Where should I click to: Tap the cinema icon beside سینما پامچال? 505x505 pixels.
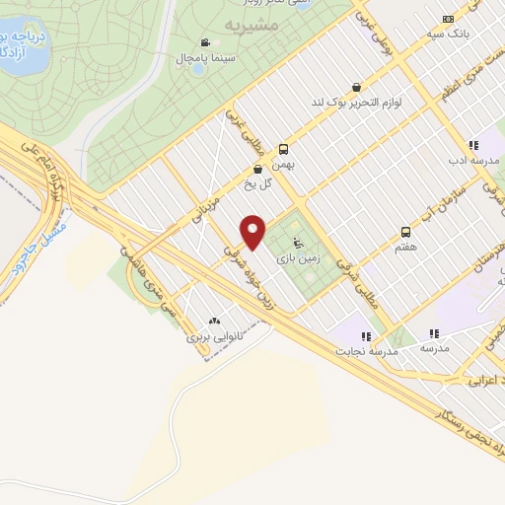coord(204,42)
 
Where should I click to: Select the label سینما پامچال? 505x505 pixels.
coord(204,59)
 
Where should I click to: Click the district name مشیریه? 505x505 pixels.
coord(247,22)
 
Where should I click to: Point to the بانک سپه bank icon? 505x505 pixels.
coord(450,18)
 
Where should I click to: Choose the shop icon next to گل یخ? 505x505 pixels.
coord(258,169)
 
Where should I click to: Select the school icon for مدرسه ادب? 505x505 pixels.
coord(473,144)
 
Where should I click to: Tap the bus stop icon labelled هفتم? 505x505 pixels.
coord(406,232)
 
